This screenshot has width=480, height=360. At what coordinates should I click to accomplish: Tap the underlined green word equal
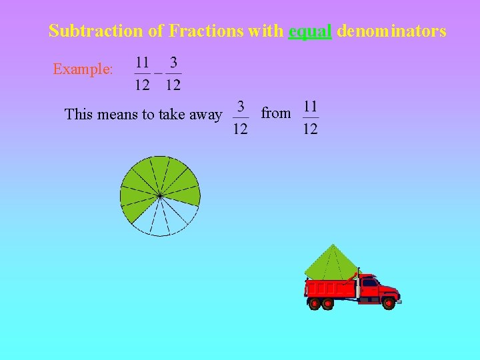point(310,31)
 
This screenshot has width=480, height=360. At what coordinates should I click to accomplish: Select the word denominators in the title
point(391,31)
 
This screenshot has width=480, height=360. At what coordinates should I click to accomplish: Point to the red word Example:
point(83,69)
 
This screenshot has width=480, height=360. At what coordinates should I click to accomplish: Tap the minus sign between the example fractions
point(158,72)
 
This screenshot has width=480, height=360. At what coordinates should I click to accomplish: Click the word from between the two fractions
point(276,113)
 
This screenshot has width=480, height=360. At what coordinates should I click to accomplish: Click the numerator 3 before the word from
point(241,106)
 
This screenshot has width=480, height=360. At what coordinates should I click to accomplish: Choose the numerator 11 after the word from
point(310,106)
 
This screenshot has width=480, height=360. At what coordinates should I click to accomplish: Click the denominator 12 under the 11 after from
point(310,128)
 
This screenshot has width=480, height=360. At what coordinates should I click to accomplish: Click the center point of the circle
point(160,195)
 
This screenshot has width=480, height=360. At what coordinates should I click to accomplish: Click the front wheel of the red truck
point(388,303)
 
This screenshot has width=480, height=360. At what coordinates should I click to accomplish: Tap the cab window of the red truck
point(369,283)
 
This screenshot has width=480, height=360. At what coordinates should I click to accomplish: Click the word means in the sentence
point(117,115)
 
